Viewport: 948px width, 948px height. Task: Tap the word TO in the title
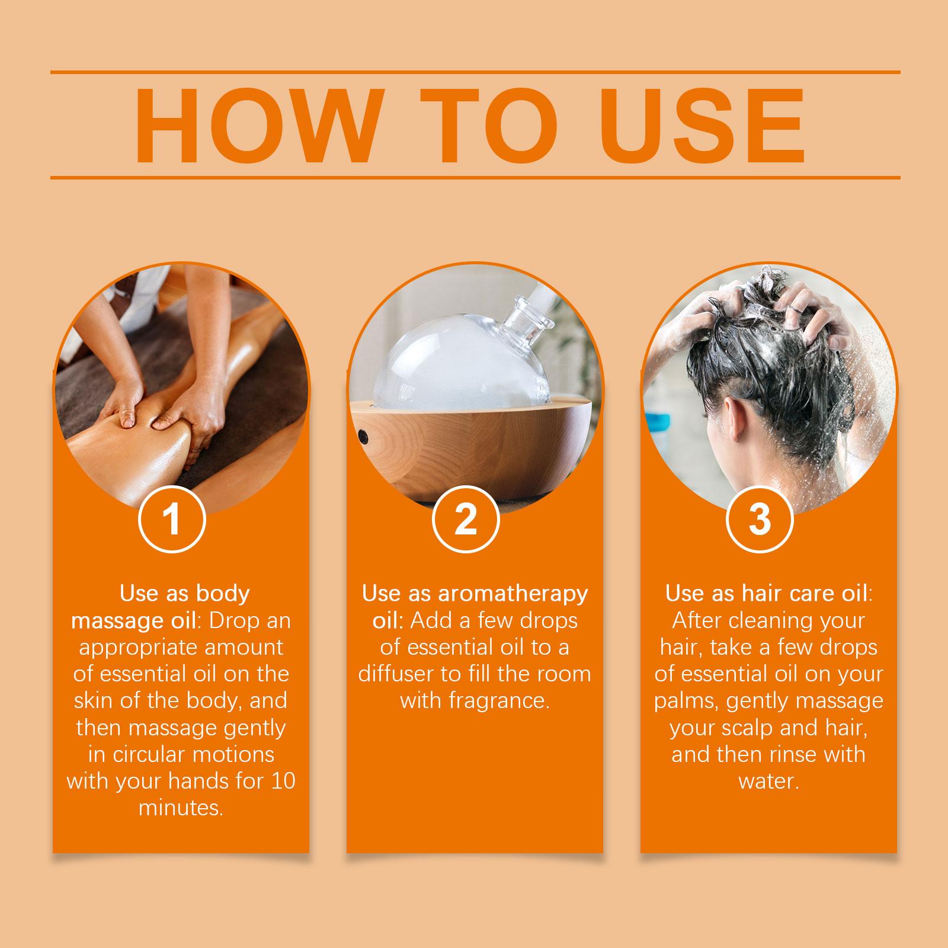492,126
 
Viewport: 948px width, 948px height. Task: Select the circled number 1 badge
172,519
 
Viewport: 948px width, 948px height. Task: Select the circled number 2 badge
466,519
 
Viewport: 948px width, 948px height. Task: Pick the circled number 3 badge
760,519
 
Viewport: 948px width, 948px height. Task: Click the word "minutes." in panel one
181,808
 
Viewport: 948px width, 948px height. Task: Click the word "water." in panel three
768,782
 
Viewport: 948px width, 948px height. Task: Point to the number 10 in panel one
283,782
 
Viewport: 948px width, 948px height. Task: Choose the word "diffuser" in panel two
396,674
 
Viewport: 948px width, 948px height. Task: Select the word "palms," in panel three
687,702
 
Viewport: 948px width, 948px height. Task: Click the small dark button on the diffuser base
364,437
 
